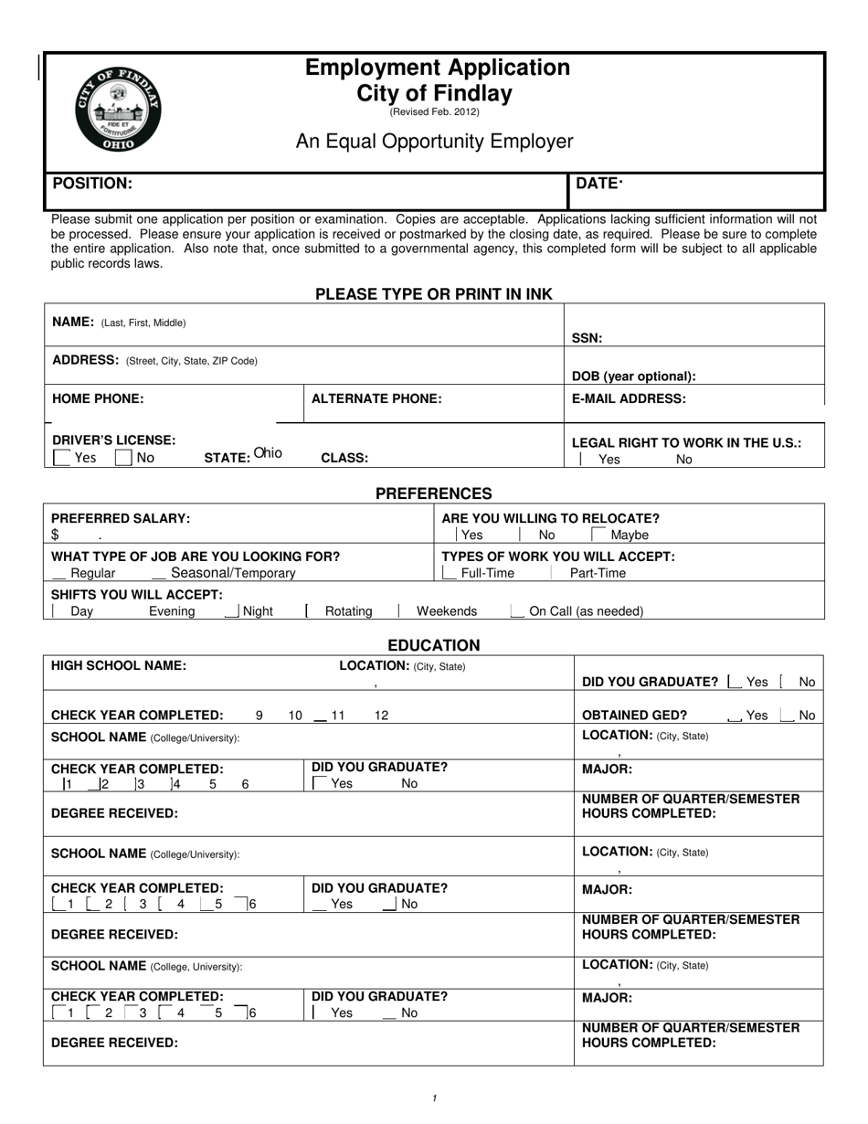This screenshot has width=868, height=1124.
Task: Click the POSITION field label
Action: (92, 184)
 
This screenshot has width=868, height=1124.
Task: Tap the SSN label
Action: (587, 338)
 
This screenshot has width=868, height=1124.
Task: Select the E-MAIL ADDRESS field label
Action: (629, 398)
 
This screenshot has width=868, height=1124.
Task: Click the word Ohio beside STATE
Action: (268, 453)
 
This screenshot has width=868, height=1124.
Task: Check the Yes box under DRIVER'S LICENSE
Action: (63, 458)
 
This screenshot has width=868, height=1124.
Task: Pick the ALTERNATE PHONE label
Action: (376, 398)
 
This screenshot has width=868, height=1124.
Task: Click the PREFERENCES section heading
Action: (433, 493)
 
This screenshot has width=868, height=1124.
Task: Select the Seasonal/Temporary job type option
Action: (233, 573)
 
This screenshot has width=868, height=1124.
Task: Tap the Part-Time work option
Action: (598, 573)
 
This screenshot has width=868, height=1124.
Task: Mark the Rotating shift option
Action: (348, 611)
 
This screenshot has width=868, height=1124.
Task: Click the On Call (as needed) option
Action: (586, 611)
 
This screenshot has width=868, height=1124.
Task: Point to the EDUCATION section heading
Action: (433, 645)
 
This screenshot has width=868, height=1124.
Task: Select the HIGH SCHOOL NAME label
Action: (119, 665)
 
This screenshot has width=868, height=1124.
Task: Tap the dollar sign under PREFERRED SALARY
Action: (55, 535)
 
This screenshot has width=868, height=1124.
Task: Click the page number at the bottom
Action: (434, 1098)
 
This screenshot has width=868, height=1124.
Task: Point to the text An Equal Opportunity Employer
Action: (434, 142)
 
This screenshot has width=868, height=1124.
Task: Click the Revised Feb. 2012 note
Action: (434, 112)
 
